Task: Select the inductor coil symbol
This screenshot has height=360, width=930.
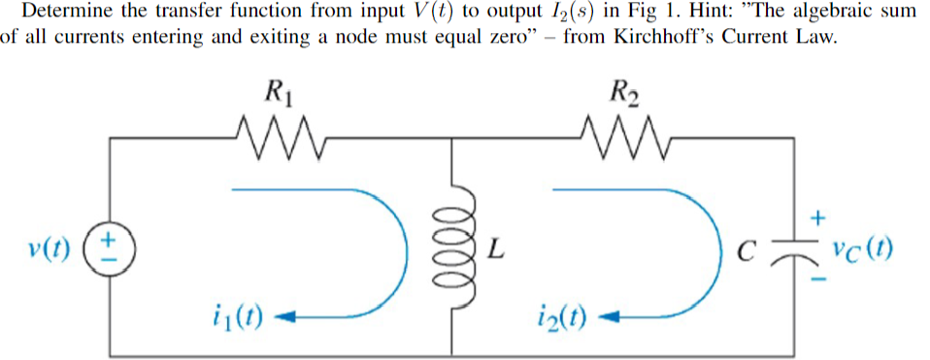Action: [x=453, y=250]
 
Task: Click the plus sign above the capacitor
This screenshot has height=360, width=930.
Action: [x=817, y=219]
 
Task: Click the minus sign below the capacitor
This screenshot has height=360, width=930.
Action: [x=817, y=281]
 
